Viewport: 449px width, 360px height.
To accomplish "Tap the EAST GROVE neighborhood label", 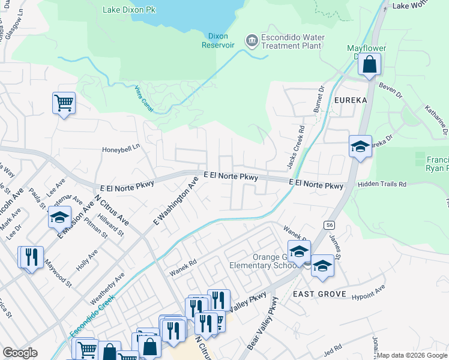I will tap(319, 293).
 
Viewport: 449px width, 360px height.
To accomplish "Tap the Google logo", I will tap(20, 353).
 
